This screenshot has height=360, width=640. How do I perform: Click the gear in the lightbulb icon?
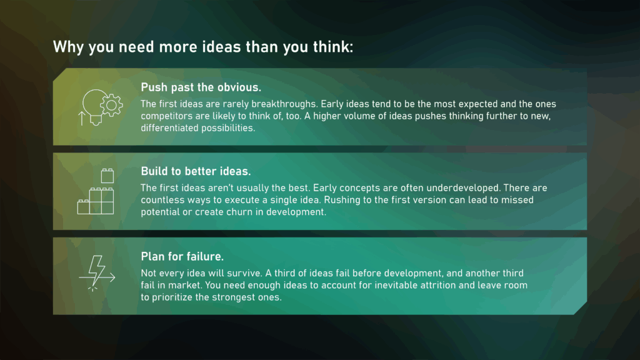[x=112, y=104]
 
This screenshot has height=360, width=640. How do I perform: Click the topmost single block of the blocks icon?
[x=106, y=176]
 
